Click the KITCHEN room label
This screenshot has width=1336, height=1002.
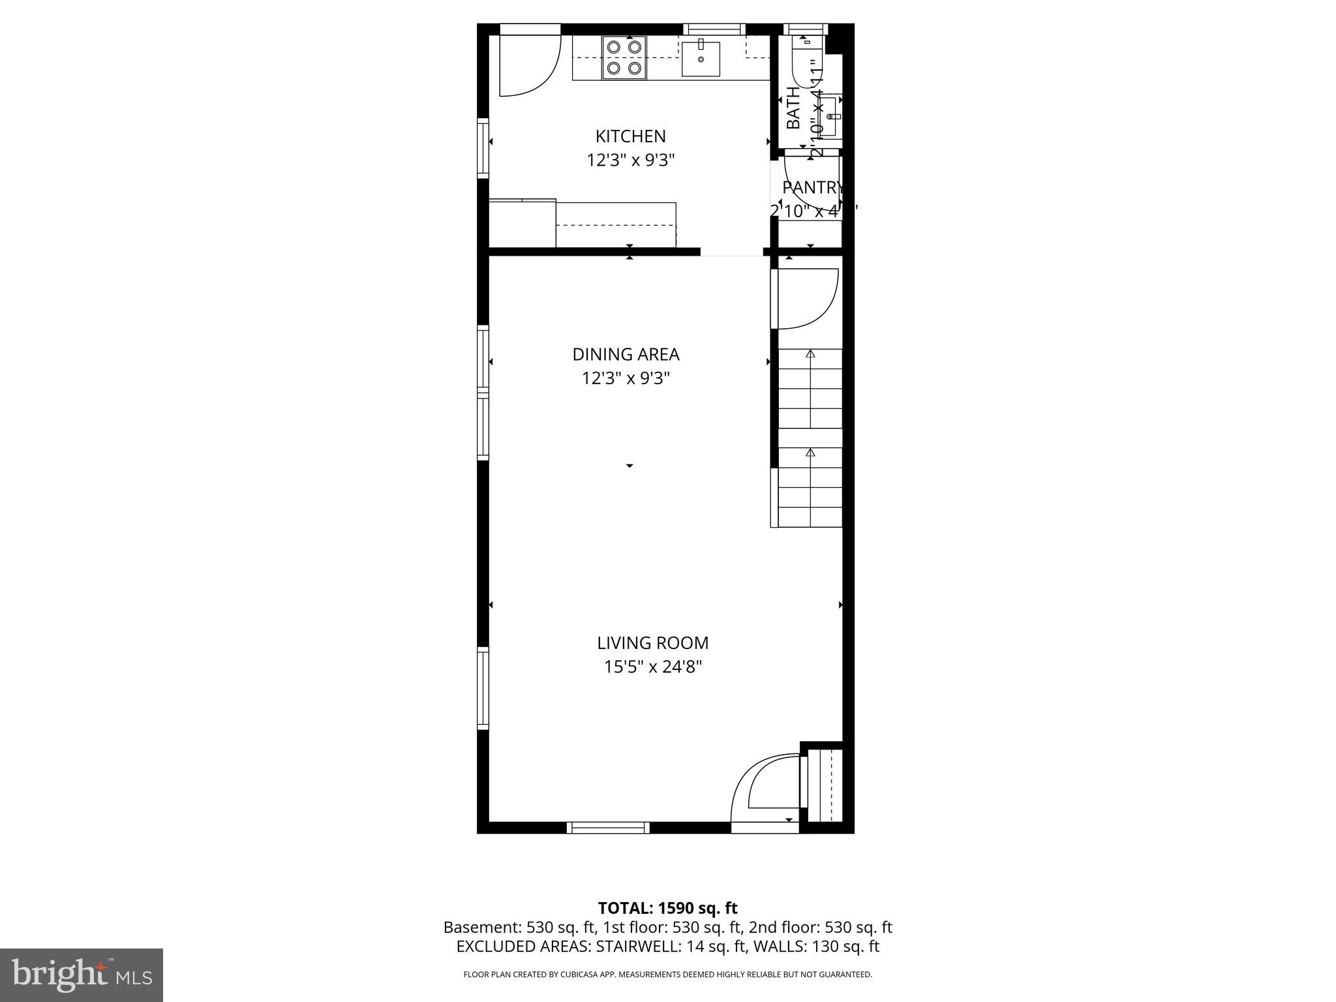[630, 136]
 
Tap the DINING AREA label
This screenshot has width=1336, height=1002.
[626, 354]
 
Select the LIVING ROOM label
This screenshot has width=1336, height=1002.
[652, 643]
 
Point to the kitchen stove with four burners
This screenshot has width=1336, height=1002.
[624, 57]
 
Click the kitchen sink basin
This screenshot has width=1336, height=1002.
[701, 59]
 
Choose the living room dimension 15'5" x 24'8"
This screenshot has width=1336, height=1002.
[652, 667]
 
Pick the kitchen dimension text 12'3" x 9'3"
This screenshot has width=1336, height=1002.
[630, 160]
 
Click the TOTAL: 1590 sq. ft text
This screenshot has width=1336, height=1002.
[667, 908]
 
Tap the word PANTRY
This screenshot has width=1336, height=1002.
[812, 188]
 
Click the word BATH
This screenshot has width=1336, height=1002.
[793, 108]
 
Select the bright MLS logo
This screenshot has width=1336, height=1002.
[82, 975]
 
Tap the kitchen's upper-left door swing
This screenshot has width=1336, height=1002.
[528, 65]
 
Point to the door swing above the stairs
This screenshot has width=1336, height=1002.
[808, 298]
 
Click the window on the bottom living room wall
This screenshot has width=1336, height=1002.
[608, 827]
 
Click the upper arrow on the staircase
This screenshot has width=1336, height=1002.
[810, 354]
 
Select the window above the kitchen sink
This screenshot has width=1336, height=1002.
[714, 29]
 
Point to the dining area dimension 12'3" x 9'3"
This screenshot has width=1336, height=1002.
[626, 378]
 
